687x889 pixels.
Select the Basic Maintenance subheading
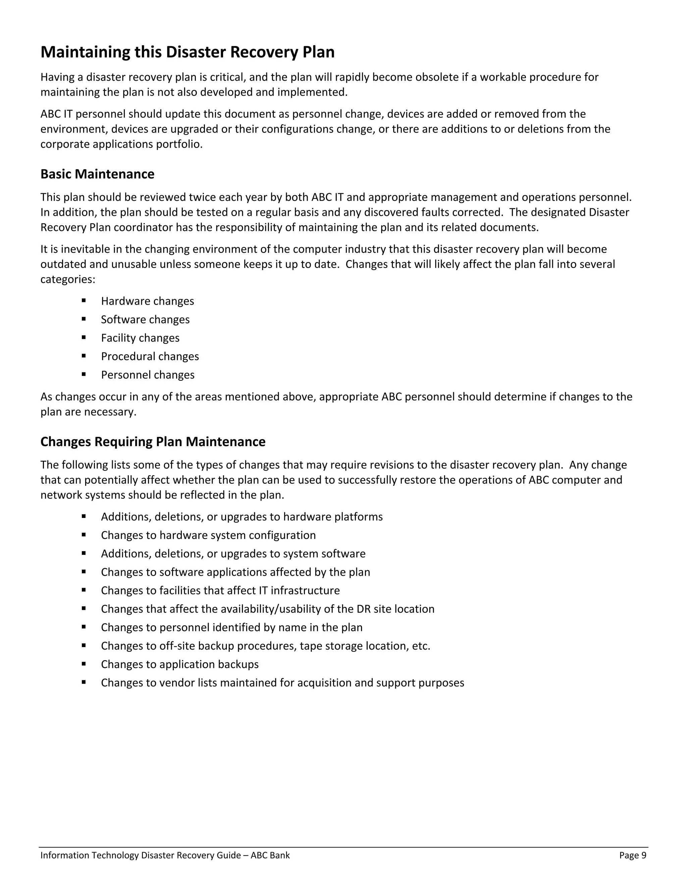tap(97, 174)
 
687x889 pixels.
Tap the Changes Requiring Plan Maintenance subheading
tap(153, 442)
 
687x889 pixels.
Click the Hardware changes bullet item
tap(147, 301)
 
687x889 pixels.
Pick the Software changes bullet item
tap(145, 319)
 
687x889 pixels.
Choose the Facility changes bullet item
tap(140, 338)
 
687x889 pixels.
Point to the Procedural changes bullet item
tap(150, 357)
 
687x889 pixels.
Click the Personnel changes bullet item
tap(147, 375)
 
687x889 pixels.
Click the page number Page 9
tap(632, 855)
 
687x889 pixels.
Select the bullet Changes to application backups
tap(179, 664)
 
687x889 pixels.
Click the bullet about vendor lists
tap(282, 683)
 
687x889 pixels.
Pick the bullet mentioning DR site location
tap(267, 609)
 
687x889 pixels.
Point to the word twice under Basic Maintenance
tap(202, 197)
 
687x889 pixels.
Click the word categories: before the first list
tap(67, 280)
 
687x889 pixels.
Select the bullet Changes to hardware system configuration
tap(208, 535)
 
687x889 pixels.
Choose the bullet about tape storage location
tap(265, 646)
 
